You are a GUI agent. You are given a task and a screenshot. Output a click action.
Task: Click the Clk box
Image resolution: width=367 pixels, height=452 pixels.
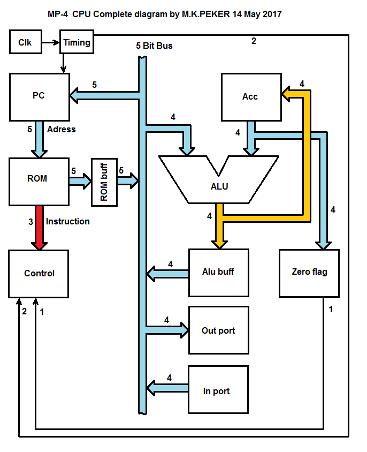click(25, 42)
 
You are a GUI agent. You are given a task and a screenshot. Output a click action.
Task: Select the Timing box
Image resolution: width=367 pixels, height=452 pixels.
click(77, 42)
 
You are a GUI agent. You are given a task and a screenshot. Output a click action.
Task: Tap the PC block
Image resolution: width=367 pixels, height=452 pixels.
click(39, 96)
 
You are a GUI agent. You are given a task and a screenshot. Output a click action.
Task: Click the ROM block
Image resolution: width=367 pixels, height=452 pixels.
click(39, 182)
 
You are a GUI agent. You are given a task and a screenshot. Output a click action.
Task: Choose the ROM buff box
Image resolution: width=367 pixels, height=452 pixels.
click(104, 182)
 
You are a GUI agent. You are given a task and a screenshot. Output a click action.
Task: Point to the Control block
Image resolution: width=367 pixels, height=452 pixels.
click(39, 273)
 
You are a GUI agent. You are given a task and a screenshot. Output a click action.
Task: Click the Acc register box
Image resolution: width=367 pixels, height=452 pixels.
click(251, 97)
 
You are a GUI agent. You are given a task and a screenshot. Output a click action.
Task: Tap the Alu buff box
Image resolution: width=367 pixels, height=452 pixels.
click(218, 272)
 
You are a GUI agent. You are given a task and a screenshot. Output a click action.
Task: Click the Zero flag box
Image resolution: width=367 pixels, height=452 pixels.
click(309, 272)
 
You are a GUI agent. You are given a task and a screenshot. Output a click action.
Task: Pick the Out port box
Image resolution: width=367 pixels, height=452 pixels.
click(218, 330)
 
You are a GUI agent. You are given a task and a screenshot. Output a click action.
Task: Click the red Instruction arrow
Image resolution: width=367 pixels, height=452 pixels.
click(38, 228)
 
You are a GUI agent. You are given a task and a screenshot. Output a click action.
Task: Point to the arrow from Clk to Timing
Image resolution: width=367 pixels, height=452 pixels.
click(50, 42)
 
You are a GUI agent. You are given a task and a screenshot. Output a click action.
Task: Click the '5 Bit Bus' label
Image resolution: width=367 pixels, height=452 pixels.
click(154, 46)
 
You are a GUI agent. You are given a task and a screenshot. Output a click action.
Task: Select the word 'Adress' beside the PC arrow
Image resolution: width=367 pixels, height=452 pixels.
click(61, 129)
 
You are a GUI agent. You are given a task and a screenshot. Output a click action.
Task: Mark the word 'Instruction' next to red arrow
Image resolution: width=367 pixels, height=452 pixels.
click(67, 221)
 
